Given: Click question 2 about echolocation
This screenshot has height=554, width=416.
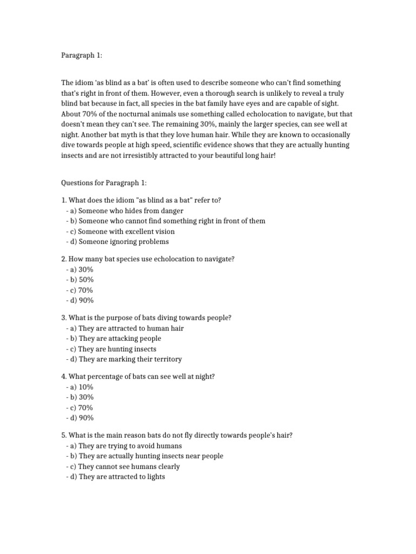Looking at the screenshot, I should pos(147,259).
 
